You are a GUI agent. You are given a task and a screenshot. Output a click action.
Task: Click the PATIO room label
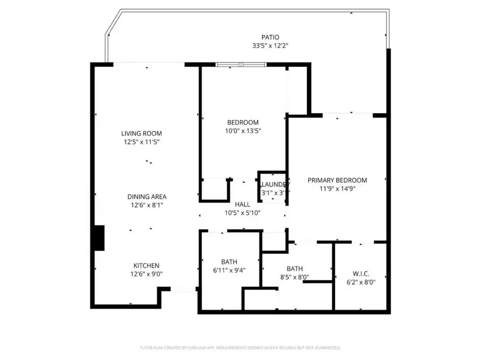click(270, 37)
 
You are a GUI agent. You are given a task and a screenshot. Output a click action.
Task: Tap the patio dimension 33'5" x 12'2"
click(270, 45)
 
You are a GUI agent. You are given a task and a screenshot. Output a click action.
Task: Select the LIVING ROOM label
click(141, 134)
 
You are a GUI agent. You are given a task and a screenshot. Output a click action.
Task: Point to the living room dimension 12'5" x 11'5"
click(141, 142)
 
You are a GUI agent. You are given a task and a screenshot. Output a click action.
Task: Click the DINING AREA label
click(146, 197)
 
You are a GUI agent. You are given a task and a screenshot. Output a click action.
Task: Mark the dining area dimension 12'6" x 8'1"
click(146, 205)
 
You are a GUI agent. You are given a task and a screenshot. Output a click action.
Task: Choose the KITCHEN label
click(146, 265)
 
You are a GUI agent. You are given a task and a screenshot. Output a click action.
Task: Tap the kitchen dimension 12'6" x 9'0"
click(146, 274)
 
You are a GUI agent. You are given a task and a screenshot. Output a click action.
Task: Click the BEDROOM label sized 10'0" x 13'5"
click(243, 122)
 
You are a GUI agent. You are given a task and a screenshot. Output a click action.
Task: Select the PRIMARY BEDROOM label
click(337, 180)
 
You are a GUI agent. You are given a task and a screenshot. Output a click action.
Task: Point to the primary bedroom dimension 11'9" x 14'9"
click(337, 189)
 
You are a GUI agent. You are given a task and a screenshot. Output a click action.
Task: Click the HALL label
click(243, 205)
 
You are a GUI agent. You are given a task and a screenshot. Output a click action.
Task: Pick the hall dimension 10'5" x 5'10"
click(243, 213)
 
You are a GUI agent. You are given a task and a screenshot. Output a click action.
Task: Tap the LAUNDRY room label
click(274, 184)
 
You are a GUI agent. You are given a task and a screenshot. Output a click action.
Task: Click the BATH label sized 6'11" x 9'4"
click(229, 262)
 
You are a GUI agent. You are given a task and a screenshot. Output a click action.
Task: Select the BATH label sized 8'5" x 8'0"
click(294, 269)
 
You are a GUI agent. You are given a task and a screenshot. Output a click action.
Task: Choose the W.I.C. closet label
click(361, 274)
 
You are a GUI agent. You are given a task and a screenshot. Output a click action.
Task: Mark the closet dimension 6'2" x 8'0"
click(361, 283)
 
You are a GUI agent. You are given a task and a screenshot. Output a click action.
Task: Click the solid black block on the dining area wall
click(99, 238)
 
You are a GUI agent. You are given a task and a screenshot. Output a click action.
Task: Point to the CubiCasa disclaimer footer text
click(241, 348)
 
